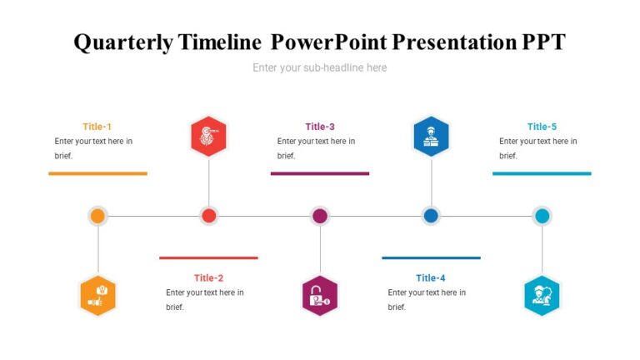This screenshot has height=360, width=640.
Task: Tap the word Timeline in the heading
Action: click(x=222, y=42)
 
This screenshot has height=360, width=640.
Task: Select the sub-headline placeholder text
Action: click(x=320, y=67)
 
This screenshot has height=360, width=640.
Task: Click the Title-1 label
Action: click(x=97, y=127)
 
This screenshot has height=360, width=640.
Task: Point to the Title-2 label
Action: click(x=208, y=278)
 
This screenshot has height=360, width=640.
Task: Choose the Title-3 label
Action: click(x=320, y=127)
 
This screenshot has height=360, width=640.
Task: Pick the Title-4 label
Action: click(x=431, y=278)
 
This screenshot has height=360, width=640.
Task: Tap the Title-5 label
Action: click(x=542, y=127)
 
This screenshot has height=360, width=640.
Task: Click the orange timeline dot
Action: click(x=97, y=216)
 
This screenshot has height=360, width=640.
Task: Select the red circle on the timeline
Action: click(x=208, y=216)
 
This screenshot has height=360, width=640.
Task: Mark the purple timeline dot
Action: click(x=320, y=216)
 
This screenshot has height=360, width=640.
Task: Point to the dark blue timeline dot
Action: click(x=431, y=216)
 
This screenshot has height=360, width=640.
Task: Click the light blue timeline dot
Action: click(x=542, y=216)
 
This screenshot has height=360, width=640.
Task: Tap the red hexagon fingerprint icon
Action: click(x=208, y=136)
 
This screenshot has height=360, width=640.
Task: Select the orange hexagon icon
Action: click(x=97, y=296)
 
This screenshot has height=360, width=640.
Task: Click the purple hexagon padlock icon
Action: click(x=320, y=296)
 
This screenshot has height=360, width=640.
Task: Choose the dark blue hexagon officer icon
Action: click(x=431, y=136)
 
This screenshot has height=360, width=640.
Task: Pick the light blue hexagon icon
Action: click(x=542, y=296)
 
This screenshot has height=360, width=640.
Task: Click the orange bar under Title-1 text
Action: click(x=97, y=173)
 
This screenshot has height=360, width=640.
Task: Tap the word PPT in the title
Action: click(x=542, y=42)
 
